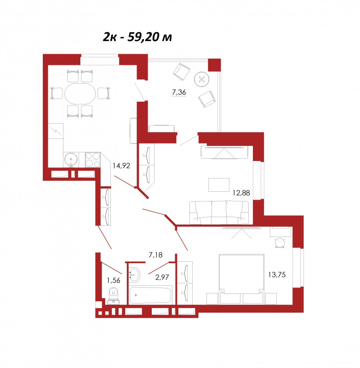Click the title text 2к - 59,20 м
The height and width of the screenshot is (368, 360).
(137, 37)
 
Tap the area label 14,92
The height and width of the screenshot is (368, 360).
(121, 166)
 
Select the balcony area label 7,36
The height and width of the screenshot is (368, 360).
(179, 92)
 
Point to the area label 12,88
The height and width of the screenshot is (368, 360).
(241, 193)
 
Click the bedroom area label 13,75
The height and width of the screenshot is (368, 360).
(277, 275)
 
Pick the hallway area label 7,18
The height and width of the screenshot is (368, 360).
(155, 255)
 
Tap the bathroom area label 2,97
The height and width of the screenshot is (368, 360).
(162, 277)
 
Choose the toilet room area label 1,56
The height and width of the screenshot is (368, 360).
(114, 280)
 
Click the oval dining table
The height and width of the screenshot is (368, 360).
(80, 94)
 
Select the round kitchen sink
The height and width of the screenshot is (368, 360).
(71, 160)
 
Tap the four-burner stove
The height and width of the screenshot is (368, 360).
(92, 160)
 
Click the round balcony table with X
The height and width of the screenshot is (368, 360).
(202, 79)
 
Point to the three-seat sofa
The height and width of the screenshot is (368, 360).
(219, 213)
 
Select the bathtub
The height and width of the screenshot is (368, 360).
(150, 294)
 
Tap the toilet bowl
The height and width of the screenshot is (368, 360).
(114, 296)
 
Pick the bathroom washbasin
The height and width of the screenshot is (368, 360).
(134, 275)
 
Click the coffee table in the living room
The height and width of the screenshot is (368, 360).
(219, 185)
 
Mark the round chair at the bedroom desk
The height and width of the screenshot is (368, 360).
(280, 243)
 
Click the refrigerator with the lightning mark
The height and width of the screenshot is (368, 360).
(56, 131)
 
